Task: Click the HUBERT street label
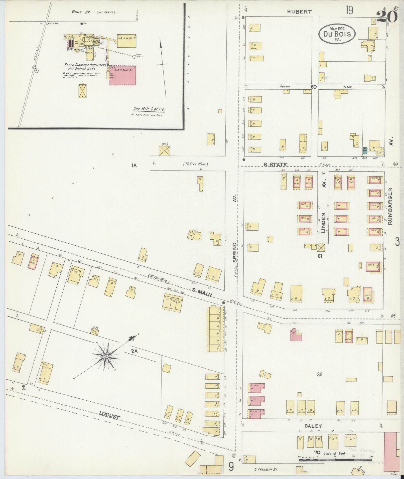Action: click(x=299, y=12)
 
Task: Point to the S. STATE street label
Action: click(x=275, y=165)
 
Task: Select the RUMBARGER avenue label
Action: click(x=390, y=206)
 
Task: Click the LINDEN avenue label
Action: click(x=323, y=223)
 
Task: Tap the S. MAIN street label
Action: click(x=202, y=292)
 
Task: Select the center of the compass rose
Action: click(x=106, y=356)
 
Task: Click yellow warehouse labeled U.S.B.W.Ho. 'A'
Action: click(x=127, y=41)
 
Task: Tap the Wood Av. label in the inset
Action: click(x=78, y=12)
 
